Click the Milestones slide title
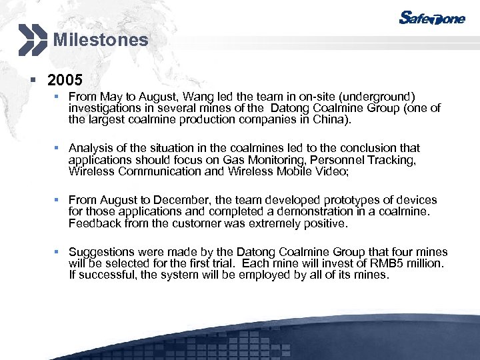[x=101, y=39]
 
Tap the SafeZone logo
[x=431, y=18]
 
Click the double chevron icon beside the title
[x=33, y=39]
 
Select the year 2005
[x=65, y=81]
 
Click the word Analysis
[x=91, y=148]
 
